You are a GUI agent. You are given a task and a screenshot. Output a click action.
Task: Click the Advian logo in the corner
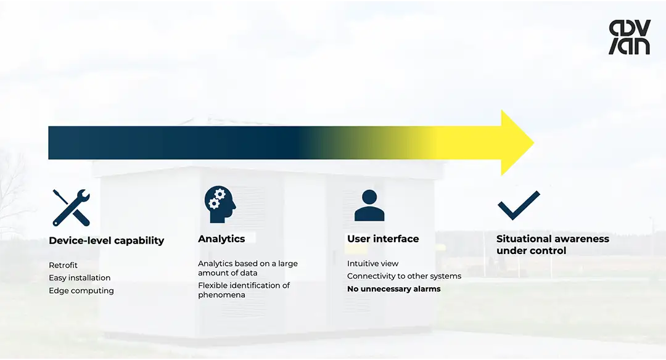tap(629, 37)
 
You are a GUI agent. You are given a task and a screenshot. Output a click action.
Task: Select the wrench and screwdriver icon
tap(71, 207)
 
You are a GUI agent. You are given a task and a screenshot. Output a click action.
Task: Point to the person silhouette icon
tap(369, 205)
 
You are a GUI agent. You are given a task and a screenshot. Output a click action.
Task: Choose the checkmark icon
tap(519, 205)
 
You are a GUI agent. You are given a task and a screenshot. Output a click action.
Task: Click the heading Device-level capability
tap(106, 240)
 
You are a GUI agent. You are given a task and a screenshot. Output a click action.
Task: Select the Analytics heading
tap(221, 239)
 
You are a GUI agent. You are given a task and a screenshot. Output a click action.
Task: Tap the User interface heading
tap(383, 239)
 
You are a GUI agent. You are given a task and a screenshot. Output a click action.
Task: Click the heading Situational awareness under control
tap(553, 245)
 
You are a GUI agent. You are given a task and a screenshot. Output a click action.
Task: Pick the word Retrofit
tap(64, 265)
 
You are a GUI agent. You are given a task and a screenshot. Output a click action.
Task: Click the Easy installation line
tap(80, 278)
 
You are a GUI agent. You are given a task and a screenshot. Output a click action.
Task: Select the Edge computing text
tap(81, 290)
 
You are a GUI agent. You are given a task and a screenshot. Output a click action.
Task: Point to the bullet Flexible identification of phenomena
tap(244, 290)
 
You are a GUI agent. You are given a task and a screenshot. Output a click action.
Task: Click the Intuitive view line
tap(372, 263)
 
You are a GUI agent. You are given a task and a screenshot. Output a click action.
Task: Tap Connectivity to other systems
tap(404, 276)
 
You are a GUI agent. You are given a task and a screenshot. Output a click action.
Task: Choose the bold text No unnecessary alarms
tap(393, 288)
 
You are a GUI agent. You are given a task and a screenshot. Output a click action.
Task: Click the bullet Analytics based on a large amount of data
tap(247, 268)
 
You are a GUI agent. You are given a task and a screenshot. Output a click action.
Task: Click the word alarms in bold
tap(427, 288)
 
